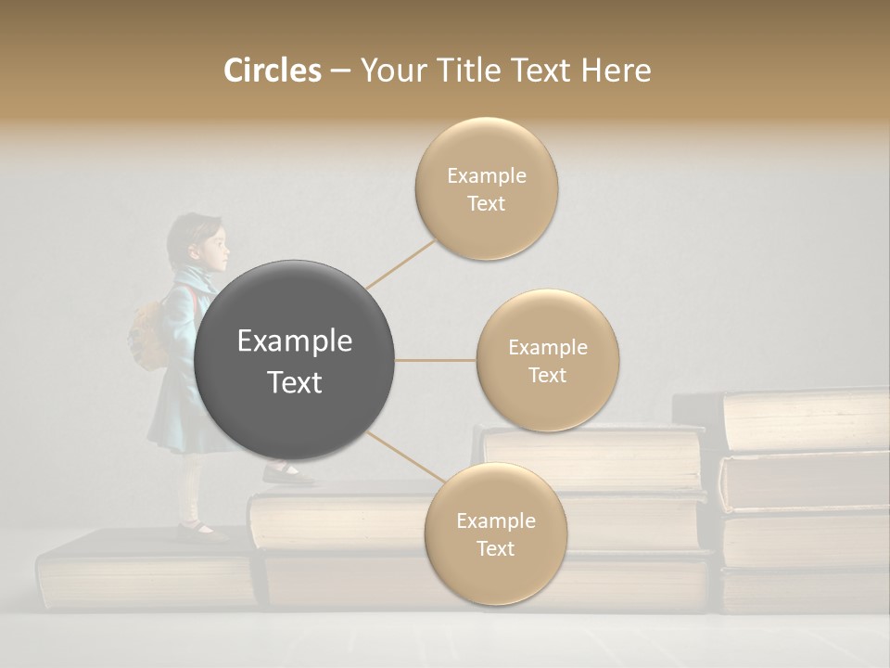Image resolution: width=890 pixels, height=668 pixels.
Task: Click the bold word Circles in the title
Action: coord(272,71)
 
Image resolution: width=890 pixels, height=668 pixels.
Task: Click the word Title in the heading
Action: coord(467,71)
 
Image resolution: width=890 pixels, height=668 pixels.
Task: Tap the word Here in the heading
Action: coord(616,71)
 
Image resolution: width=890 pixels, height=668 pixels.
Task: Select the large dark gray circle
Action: coord(295,360)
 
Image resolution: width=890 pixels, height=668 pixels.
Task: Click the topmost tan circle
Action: coord(486,189)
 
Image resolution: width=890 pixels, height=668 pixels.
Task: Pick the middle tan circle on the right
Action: coord(547,361)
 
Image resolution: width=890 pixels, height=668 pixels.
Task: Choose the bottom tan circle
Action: coord(495,534)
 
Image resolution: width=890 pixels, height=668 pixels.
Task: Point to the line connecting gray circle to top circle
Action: coord(400,264)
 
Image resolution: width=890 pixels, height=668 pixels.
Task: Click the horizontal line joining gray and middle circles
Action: coord(435,360)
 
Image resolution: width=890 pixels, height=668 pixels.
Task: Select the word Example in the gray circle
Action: coord(295,340)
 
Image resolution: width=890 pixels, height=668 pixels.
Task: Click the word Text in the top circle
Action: coord(486,203)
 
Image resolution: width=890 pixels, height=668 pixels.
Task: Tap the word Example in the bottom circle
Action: coord(495,520)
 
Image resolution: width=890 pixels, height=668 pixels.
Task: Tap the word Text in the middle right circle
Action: coord(547,375)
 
